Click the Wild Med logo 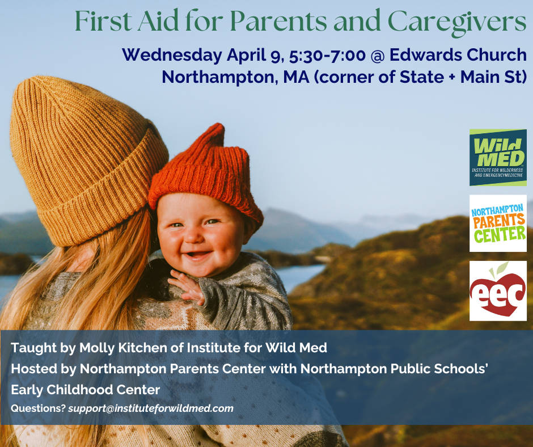[x=498, y=158]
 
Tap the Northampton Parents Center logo [x=498, y=223]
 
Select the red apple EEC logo [x=498, y=291]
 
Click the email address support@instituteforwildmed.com [x=151, y=408]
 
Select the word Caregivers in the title [x=457, y=22]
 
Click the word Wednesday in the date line [x=172, y=55]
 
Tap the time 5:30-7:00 [x=327, y=55]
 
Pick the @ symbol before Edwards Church [x=378, y=56]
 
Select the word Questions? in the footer [x=38, y=408]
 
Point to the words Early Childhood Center [x=85, y=390]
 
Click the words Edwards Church [x=458, y=55]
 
